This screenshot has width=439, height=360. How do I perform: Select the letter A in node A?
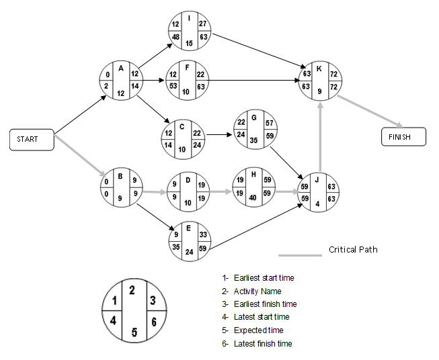120,68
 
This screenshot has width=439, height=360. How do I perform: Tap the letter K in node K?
319,69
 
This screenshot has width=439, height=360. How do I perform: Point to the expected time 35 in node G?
253,141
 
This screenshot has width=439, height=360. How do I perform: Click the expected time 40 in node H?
252,198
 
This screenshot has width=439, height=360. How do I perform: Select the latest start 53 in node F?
173,86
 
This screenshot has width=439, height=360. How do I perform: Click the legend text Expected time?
258,330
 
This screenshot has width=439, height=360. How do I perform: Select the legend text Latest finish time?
263,344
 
